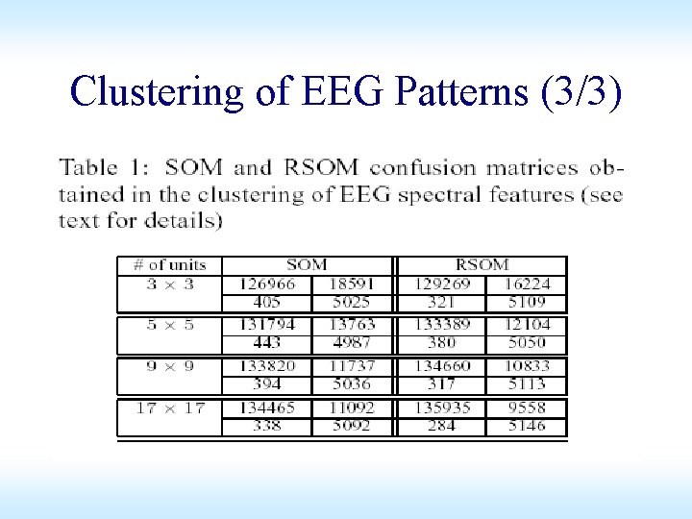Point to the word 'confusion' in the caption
point(422,168)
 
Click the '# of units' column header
point(170,264)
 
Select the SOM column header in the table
point(307,264)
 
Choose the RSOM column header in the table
point(482,264)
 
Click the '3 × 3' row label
point(170,284)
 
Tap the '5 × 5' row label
point(170,325)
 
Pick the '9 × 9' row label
point(170,366)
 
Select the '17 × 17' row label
point(170,408)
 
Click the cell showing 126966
point(267,284)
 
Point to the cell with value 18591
point(351,284)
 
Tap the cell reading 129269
point(442,284)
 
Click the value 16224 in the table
point(525,284)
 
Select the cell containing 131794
point(267,325)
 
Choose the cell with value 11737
point(351,366)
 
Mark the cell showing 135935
point(442,408)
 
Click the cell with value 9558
point(527,408)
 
